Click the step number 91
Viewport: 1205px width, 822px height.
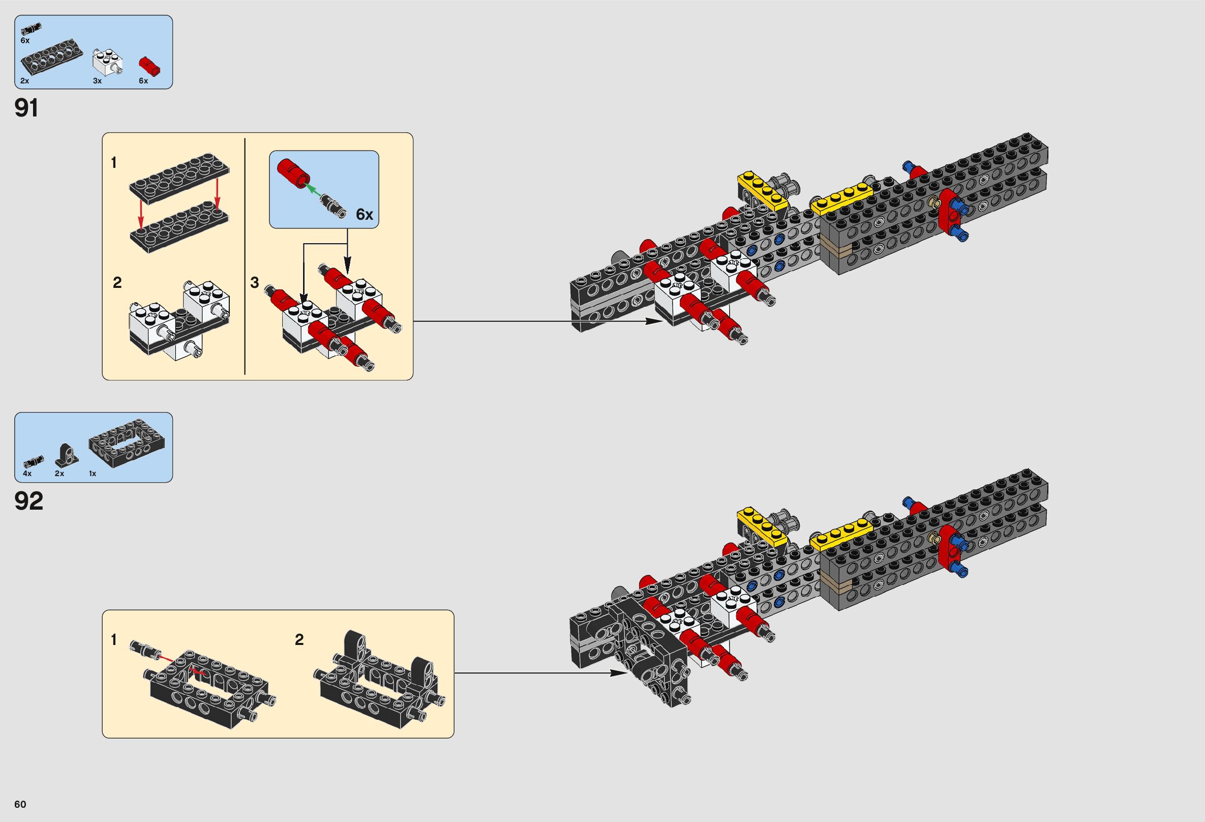click(26, 108)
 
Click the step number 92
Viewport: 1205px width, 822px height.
click(28, 501)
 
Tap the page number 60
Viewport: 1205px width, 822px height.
click(20, 804)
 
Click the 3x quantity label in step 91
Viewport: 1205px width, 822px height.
click(98, 81)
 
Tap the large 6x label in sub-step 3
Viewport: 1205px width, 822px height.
click(365, 214)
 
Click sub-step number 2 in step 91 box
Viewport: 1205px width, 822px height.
click(117, 283)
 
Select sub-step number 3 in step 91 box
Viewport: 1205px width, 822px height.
click(255, 283)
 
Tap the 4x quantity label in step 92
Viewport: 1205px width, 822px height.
click(27, 474)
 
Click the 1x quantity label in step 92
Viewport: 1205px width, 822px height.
click(93, 474)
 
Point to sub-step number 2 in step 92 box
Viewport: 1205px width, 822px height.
click(299, 640)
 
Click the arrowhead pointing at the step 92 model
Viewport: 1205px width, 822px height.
click(620, 673)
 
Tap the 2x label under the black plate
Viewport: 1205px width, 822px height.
click(25, 81)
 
